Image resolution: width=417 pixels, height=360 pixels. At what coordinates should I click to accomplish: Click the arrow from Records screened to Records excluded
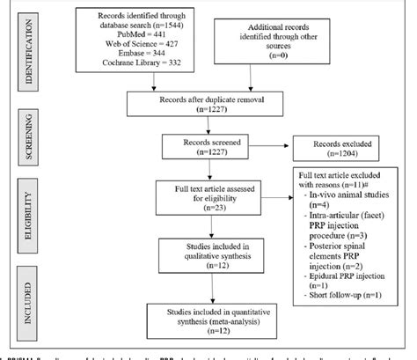click(x=272, y=148)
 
